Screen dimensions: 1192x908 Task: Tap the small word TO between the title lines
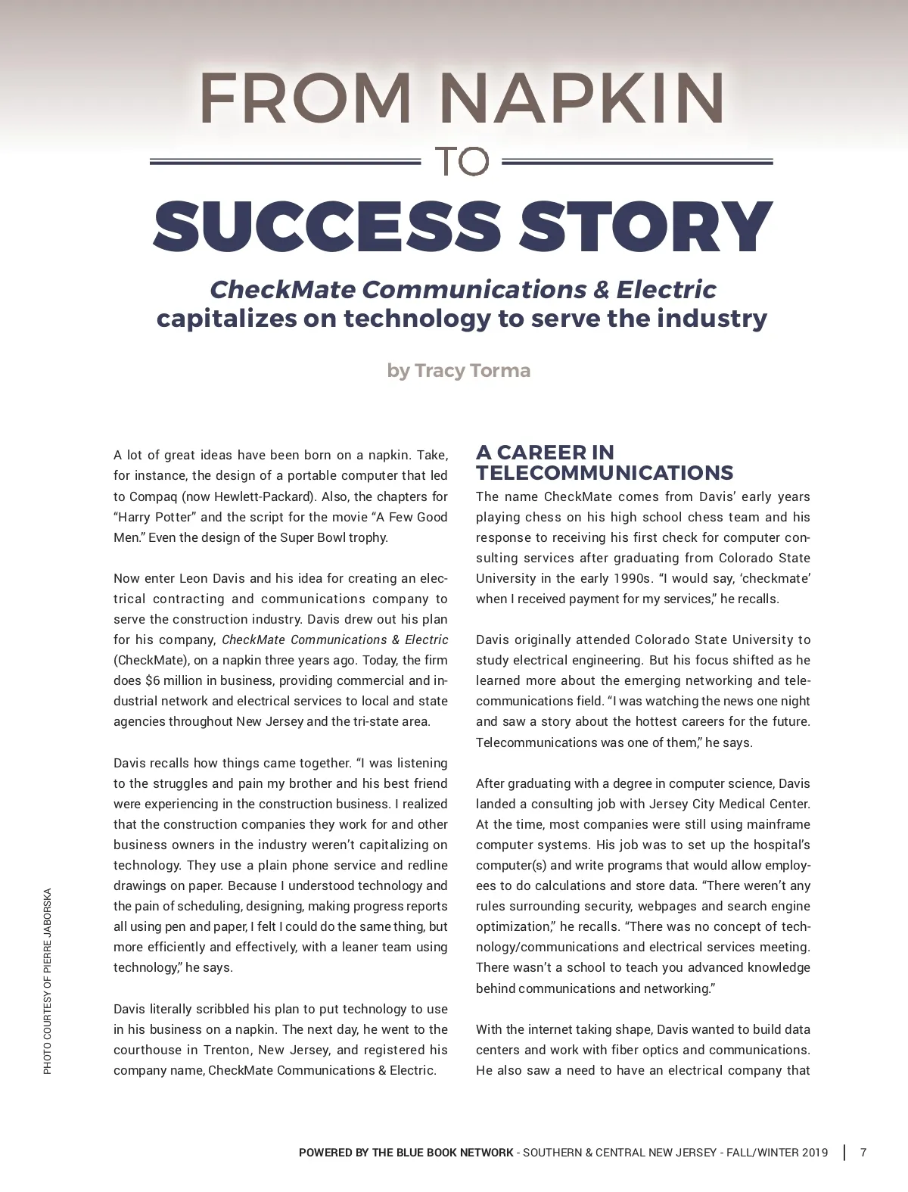[x=461, y=162]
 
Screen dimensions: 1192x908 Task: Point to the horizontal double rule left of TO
[x=285, y=162]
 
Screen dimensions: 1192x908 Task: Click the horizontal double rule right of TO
[x=637, y=162]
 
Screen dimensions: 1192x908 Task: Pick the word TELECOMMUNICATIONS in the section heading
[x=605, y=474]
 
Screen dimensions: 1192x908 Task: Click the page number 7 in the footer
[x=863, y=1153]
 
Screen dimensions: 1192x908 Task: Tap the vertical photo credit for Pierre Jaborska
[x=48, y=981]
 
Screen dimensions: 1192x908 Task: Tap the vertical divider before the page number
[x=844, y=1153]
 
